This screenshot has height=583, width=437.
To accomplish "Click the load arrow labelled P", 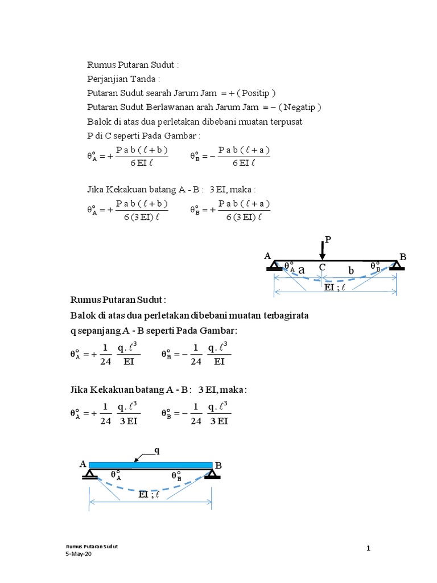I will coord(323,249).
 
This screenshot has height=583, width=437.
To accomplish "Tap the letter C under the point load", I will coord(322,267).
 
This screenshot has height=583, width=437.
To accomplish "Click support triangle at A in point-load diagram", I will coord(275,265).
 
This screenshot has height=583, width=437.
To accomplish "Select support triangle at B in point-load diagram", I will coord(397,265).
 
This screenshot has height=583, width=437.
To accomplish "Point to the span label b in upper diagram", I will coord(351,272).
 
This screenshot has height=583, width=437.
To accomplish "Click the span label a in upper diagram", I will coord(302,269).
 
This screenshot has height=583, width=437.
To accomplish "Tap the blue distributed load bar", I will coord(151,465).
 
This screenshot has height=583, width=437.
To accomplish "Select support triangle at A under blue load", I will coord(89,474).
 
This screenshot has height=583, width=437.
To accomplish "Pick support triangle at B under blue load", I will coord(213,474).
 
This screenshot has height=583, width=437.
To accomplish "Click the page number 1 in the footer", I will coord(369,548).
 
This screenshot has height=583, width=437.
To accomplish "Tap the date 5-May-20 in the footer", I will coord(79,555).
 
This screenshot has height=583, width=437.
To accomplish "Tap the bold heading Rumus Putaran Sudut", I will coord(118,300).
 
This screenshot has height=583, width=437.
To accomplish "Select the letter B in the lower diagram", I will coord(218,466).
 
